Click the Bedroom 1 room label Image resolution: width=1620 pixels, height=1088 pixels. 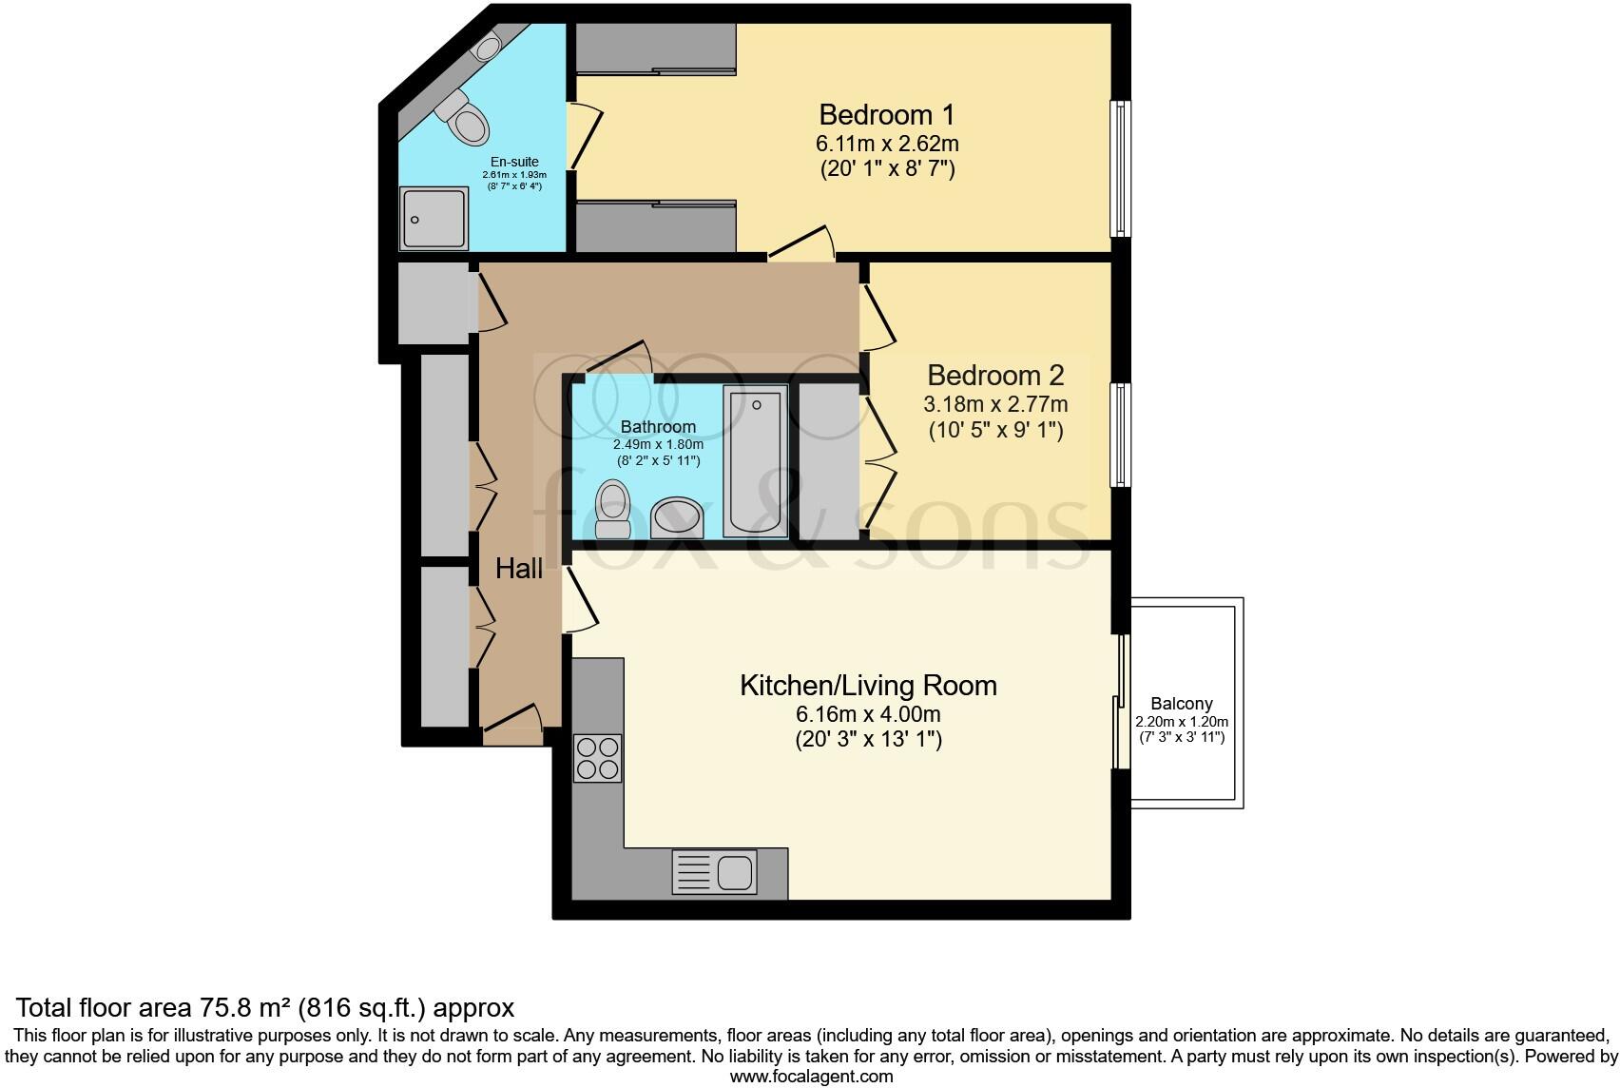[886, 115]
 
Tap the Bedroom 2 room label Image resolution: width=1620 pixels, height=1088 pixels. [994, 375]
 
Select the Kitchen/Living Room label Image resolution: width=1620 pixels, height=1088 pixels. [868, 685]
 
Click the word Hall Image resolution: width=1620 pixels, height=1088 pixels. [519, 569]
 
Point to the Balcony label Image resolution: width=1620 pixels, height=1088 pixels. [1181, 704]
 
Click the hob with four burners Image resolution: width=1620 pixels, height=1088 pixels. [598, 758]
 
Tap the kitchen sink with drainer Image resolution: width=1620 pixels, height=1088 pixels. [715, 871]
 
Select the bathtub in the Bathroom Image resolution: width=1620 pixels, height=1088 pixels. [755, 461]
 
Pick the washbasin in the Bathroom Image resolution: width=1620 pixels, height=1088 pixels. [677, 517]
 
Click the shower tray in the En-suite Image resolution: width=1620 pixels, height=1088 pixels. [434, 219]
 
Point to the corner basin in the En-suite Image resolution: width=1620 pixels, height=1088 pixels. [489, 47]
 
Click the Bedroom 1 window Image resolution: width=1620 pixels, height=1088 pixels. [1121, 168]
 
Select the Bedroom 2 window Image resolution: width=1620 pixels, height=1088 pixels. [1121, 435]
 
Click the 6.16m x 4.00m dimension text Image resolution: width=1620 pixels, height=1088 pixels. [868, 714]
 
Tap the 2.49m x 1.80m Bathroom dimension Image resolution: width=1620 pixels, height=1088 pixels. [658, 444]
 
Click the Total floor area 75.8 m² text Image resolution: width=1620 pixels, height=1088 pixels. [266, 1007]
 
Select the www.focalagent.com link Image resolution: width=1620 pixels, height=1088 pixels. [811, 1077]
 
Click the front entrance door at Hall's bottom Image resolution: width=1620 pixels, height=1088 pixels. [513, 724]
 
